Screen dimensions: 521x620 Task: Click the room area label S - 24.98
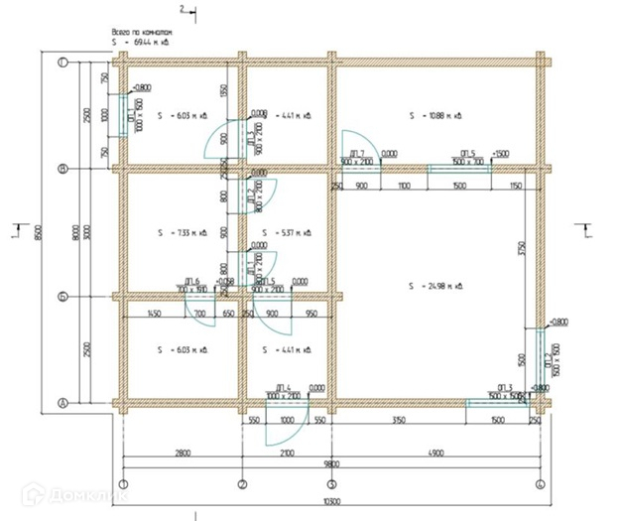pyautogui.click(x=435, y=286)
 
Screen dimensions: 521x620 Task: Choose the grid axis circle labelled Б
pyautogui.click(x=62, y=296)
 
